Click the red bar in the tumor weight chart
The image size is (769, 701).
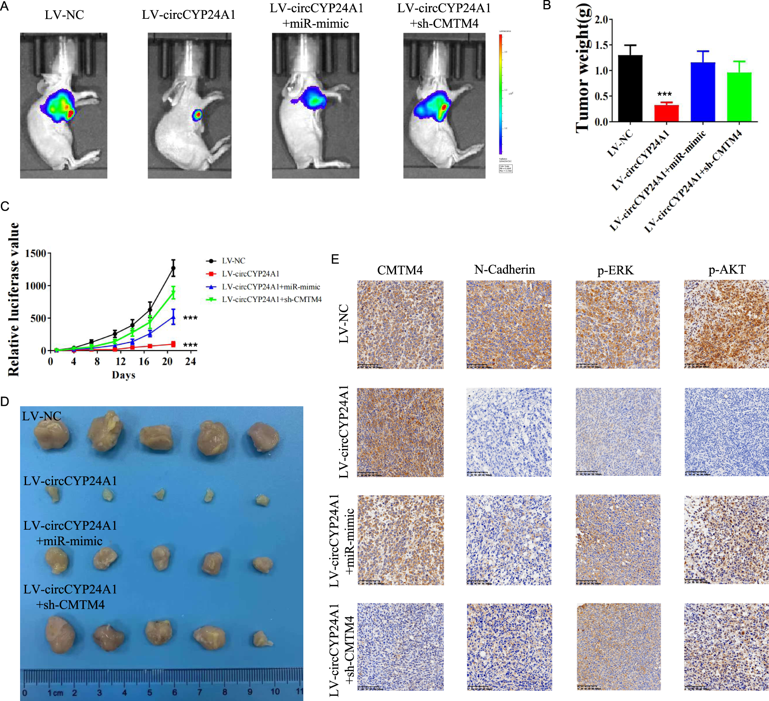(x=666, y=114)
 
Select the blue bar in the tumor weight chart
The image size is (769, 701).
(x=703, y=92)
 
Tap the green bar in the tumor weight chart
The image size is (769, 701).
(x=739, y=97)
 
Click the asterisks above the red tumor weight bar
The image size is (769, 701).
(x=664, y=94)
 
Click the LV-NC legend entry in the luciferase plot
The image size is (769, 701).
(x=233, y=261)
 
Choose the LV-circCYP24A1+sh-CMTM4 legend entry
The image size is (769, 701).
(x=271, y=299)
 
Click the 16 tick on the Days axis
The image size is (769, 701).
(x=144, y=362)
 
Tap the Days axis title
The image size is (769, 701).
(x=123, y=375)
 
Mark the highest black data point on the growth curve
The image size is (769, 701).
(x=173, y=268)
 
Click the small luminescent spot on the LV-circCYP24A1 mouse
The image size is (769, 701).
(x=197, y=115)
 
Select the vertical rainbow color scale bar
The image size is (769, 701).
(x=501, y=94)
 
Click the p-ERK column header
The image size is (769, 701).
(x=615, y=270)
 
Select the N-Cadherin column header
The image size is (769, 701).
(x=505, y=270)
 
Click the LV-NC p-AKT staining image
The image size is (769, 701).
(x=726, y=324)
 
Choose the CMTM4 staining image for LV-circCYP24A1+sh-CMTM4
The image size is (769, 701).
(x=400, y=647)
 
